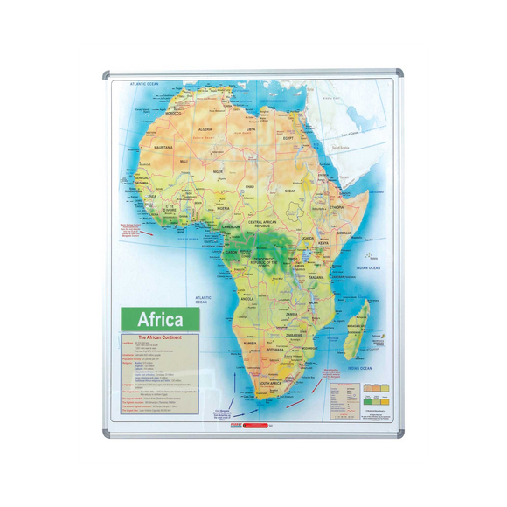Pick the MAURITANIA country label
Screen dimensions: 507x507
click(160, 148)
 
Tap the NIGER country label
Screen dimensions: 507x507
click(219, 172)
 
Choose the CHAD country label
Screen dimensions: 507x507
click(250, 186)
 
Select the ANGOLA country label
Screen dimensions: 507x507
click(247, 298)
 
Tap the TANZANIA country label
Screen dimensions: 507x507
click(316, 277)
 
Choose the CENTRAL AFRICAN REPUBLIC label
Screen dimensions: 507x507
click(267, 224)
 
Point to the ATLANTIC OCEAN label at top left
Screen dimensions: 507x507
click(144, 85)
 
